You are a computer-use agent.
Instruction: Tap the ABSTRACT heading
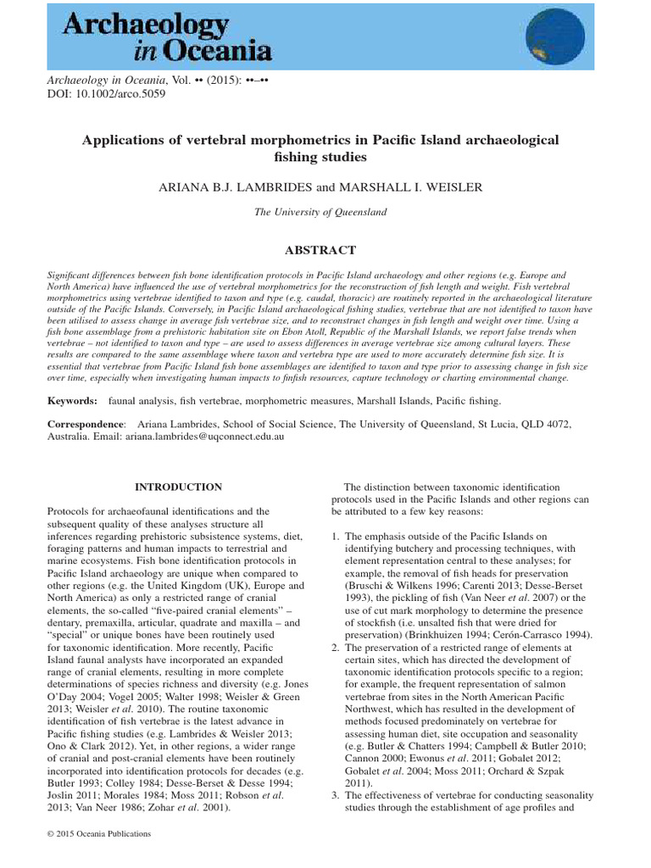(325, 249)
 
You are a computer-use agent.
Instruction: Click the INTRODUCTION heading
(179, 487)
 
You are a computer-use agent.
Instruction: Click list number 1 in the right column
(336, 537)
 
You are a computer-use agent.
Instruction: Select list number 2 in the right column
(336, 648)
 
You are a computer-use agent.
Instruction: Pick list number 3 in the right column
(336, 796)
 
